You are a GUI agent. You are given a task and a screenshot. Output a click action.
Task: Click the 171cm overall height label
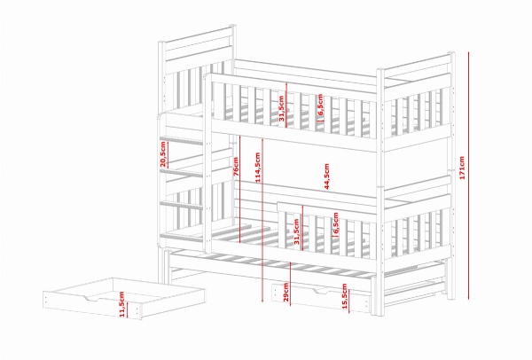click(x=461, y=168)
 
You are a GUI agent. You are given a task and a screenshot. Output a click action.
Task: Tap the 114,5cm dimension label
click(x=258, y=168)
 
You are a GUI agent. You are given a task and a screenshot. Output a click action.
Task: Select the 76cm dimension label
click(x=236, y=167)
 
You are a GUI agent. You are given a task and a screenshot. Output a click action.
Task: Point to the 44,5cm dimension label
click(x=326, y=176)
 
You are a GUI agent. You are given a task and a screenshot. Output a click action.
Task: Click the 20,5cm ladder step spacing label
click(x=163, y=154)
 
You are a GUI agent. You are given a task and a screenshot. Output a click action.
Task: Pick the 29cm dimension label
click(x=286, y=292)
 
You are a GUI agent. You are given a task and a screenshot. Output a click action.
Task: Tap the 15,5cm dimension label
click(x=345, y=296)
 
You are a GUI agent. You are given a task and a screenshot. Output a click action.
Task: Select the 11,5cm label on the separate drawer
click(x=122, y=304)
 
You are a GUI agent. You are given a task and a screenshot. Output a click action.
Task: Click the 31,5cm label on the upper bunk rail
click(x=281, y=108)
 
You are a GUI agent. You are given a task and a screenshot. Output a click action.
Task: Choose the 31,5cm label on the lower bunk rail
click(x=296, y=231)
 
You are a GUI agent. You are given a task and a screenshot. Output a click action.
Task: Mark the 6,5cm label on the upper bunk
click(x=321, y=104)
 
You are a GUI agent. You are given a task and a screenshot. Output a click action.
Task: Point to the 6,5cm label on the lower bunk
click(x=336, y=223)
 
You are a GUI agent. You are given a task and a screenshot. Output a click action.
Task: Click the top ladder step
click(x=182, y=140)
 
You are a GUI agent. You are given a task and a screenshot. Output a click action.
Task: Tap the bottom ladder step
click(x=182, y=237)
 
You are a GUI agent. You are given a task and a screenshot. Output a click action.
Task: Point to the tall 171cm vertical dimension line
click(x=468, y=176)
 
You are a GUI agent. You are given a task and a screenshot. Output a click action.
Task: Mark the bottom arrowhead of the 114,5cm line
click(x=262, y=300)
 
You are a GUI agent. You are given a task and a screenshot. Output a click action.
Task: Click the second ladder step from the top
click(x=182, y=173)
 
